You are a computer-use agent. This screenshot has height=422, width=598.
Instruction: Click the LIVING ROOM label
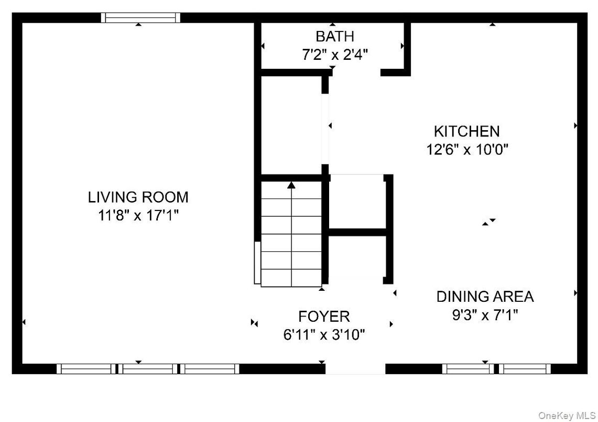(x=138, y=197)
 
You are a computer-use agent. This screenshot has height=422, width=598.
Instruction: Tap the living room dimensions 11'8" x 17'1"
(x=138, y=215)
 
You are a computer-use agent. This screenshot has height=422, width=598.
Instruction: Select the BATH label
(x=335, y=36)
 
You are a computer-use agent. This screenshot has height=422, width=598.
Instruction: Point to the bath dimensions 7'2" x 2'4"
(x=335, y=55)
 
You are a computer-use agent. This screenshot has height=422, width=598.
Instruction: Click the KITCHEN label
(x=467, y=131)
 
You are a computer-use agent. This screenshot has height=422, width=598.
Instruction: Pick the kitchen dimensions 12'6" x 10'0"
(x=467, y=149)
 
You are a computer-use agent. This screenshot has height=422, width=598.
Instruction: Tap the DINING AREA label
(x=485, y=297)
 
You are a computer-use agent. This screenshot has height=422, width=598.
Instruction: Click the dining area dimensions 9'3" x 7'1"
(x=485, y=315)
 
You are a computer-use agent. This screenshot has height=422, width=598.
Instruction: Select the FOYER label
(x=324, y=316)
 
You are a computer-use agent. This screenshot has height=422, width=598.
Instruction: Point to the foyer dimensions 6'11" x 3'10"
(x=324, y=335)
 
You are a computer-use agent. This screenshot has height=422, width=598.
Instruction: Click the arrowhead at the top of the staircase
(x=291, y=185)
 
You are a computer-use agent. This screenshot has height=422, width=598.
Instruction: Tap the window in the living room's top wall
(x=141, y=17)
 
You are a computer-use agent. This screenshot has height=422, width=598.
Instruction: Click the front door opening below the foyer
(x=355, y=369)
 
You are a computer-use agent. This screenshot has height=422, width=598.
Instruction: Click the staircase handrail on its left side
(x=257, y=263)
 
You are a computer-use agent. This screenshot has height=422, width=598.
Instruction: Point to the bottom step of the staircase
(x=291, y=278)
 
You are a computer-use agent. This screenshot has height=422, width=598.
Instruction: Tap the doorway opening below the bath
(x=356, y=72)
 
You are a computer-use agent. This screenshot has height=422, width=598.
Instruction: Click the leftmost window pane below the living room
(x=86, y=369)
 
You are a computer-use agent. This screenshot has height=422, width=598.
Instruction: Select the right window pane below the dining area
(x=525, y=369)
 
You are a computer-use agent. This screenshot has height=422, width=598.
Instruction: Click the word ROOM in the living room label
(x=165, y=197)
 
